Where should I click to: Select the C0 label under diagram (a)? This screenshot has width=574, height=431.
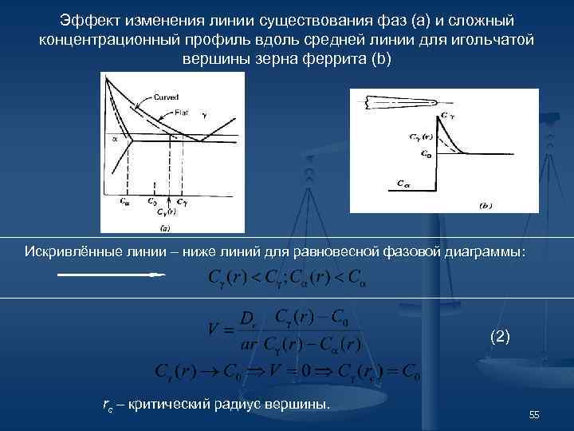tap(151, 201)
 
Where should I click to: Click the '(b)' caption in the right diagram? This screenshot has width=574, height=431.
tap(486, 205)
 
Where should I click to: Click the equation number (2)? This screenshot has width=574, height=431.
tap(500, 337)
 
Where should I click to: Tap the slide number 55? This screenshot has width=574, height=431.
tap(534, 414)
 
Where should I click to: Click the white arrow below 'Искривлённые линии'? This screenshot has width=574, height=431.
tap(112, 275)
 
